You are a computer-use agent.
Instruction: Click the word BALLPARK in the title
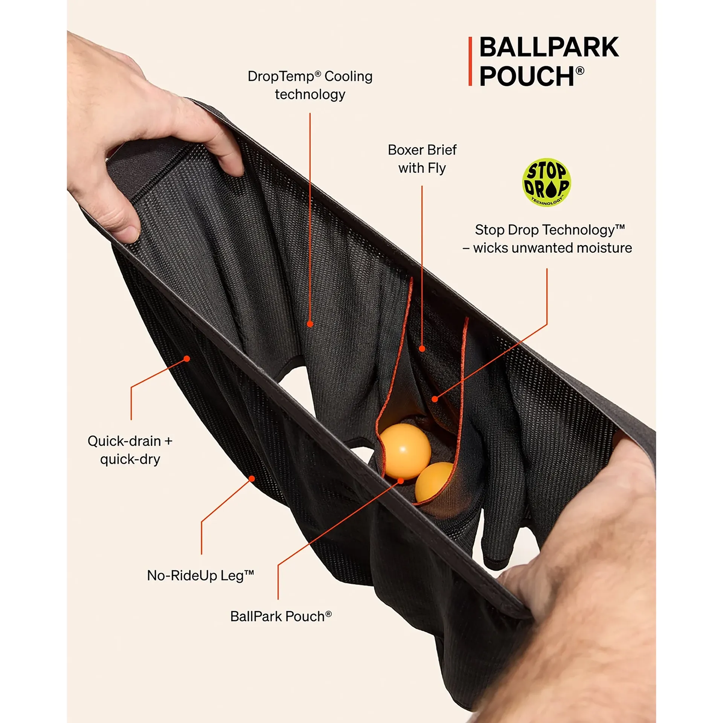pyautogui.click(x=549, y=47)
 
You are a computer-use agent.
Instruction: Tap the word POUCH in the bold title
pyautogui.click(x=526, y=76)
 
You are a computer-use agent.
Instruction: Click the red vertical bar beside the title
pyautogui.click(x=470, y=61)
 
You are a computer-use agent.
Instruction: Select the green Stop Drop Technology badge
pyautogui.click(x=546, y=182)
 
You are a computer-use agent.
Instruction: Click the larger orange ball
pyautogui.click(x=404, y=451)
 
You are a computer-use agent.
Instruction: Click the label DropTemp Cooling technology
pyautogui.click(x=310, y=85)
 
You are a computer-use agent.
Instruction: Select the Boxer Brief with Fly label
pyautogui.click(x=422, y=159)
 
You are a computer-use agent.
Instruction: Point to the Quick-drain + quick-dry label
pyautogui.click(x=130, y=450)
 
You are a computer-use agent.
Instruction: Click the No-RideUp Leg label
pyautogui.click(x=200, y=575)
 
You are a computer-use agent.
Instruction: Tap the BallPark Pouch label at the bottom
pyautogui.click(x=281, y=616)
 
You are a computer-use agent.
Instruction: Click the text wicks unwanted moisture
pyautogui.click(x=552, y=248)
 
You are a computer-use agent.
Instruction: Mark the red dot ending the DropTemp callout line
pyautogui.click(x=310, y=324)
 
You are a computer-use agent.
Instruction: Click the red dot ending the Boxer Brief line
pyautogui.click(x=422, y=349)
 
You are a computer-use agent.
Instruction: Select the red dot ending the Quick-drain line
pyautogui.click(x=187, y=358)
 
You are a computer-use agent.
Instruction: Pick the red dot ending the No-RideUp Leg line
pyautogui.click(x=252, y=479)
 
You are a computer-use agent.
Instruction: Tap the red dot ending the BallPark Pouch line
pyautogui.click(x=401, y=481)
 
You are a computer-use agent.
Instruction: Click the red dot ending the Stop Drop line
pyautogui.click(x=435, y=399)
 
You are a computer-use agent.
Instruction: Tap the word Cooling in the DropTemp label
pyautogui.click(x=348, y=76)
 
